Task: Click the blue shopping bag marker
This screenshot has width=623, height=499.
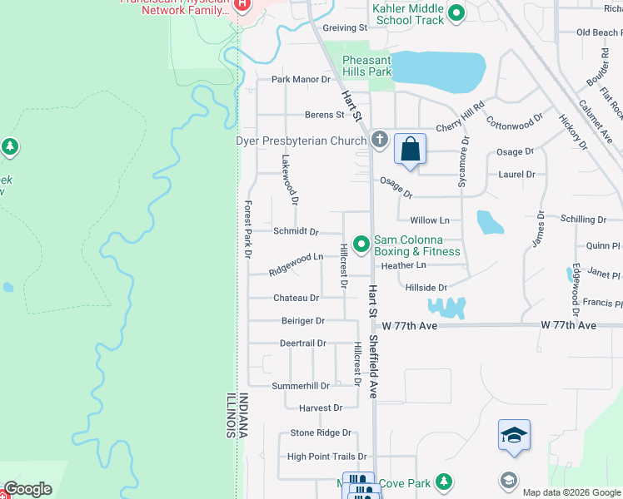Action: click(410, 150)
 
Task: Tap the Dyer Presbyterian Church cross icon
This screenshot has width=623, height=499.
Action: click(380, 139)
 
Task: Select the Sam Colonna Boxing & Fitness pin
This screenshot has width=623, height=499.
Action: click(361, 245)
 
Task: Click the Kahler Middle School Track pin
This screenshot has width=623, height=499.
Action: click(456, 12)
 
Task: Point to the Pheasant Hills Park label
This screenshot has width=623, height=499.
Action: click(367, 66)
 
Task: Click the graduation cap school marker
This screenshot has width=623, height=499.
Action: click(514, 435)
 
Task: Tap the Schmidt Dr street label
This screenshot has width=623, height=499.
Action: click(296, 231)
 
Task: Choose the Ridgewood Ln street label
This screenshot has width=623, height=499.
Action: click(296, 264)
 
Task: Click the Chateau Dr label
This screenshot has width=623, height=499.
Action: click(296, 298)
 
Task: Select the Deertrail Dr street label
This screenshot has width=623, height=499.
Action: click(302, 343)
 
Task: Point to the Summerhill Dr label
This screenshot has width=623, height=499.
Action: click(301, 386)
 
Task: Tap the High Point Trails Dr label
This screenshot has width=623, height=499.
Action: click(326, 457)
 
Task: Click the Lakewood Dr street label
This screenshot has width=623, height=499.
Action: click(289, 180)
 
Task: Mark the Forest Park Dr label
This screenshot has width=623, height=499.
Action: click(247, 229)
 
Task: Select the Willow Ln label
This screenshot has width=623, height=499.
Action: click(430, 220)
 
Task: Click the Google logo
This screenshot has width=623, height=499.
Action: click(27, 489)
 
